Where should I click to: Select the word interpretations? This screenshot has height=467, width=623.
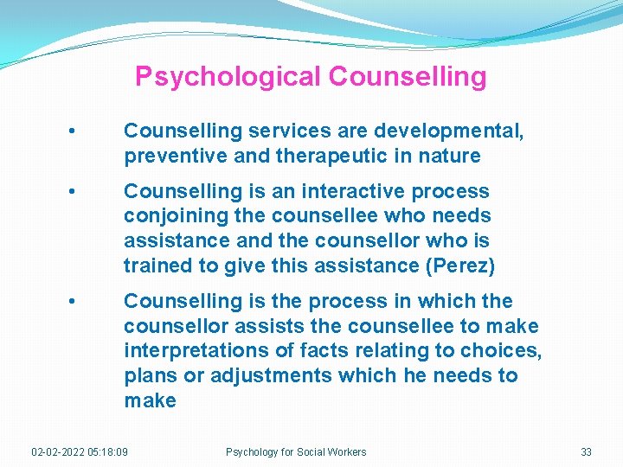coord(191,350)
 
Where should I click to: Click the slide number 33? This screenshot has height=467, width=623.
coord(586,451)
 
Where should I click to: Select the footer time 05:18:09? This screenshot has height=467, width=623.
coord(110,451)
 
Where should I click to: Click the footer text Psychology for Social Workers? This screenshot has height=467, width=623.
coord(296,451)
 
